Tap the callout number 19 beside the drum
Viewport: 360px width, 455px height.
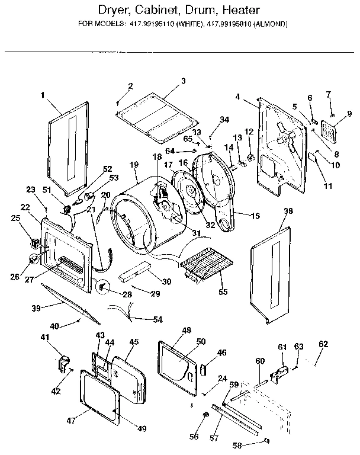134,164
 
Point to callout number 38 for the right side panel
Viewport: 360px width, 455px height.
288,211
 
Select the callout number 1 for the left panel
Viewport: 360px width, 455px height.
43,95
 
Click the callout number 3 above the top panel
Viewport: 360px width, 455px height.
183,81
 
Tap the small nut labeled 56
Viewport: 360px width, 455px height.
205,414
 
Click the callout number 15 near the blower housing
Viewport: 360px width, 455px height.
255,216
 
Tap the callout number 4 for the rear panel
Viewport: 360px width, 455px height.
237,97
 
